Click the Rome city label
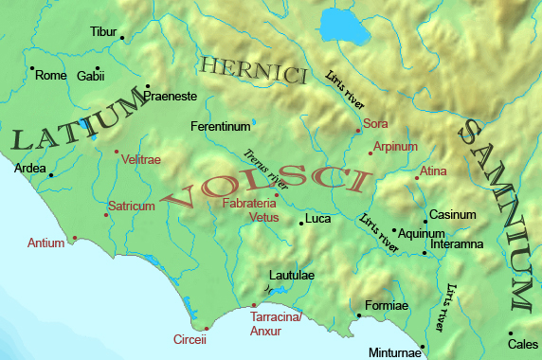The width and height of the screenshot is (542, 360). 50,76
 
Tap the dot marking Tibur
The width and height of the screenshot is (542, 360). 122,38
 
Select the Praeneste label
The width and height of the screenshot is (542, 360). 170,97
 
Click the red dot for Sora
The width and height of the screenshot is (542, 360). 358,130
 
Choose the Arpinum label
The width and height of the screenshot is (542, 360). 395,147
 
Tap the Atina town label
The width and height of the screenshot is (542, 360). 434,171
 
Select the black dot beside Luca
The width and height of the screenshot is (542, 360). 300,223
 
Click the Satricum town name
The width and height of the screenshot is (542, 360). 132,205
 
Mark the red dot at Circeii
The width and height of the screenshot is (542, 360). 206,328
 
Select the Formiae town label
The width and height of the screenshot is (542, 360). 386,305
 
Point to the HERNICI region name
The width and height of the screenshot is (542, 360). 254,71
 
